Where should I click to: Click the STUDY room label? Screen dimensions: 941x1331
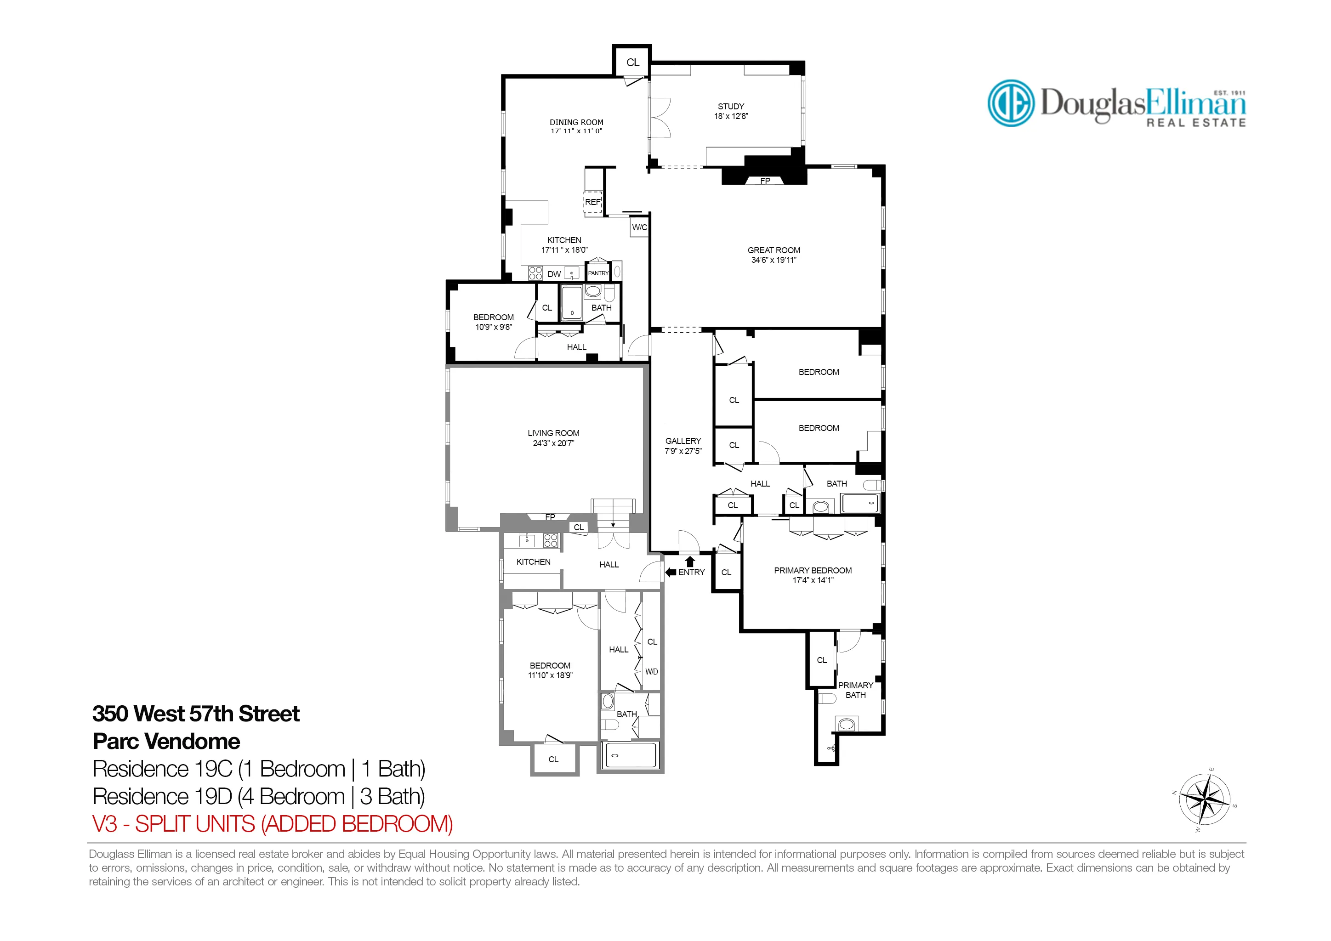pyautogui.click(x=730, y=107)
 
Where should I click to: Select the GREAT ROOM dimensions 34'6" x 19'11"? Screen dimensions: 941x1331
pyautogui.click(x=774, y=260)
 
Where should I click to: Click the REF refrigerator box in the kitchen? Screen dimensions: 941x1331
pyautogui.click(x=592, y=202)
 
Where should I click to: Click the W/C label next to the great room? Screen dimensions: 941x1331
pyautogui.click(x=639, y=227)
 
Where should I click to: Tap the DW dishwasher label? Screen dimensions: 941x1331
pyautogui.click(x=554, y=274)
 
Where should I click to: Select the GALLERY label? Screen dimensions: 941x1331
pyautogui.click(x=683, y=441)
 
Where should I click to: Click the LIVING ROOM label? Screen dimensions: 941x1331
pyautogui.click(x=553, y=433)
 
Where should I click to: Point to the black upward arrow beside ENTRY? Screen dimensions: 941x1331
pyautogui.click(x=690, y=561)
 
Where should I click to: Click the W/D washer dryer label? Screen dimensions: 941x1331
pyautogui.click(x=652, y=672)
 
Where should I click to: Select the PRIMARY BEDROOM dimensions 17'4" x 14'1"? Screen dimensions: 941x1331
pyautogui.click(x=813, y=580)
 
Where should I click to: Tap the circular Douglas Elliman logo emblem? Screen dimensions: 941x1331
pyautogui.click(x=1010, y=103)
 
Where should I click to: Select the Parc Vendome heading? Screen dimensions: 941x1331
pyautogui.click(x=166, y=741)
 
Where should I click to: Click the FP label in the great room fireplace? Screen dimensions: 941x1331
pyautogui.click(x=765, y=181)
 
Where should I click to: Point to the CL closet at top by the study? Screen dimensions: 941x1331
pyautogui.click(x=632, y=62)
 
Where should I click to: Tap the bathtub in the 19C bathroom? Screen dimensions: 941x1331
pyautogui.click(x=630, y=755)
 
